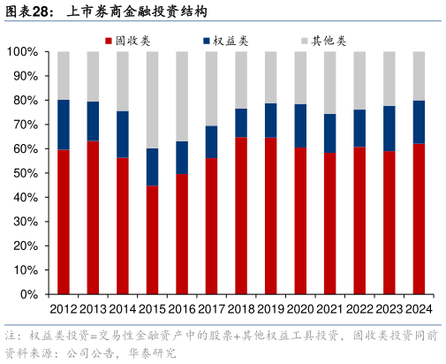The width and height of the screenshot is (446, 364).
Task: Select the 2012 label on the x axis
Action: pos(64,308)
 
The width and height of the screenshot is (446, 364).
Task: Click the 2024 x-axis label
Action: pos(419,308)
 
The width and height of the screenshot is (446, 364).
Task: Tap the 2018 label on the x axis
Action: pos(241,308)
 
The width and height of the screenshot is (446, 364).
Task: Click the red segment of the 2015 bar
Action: pos(152,239)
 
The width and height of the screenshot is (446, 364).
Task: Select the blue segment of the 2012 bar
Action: pos(64,125)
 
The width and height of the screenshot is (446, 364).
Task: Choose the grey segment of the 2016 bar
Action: pos(182,96)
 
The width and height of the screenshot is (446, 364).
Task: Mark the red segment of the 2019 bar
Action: pos(270,216)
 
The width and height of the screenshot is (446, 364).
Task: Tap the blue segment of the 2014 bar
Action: pos(123,134)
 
